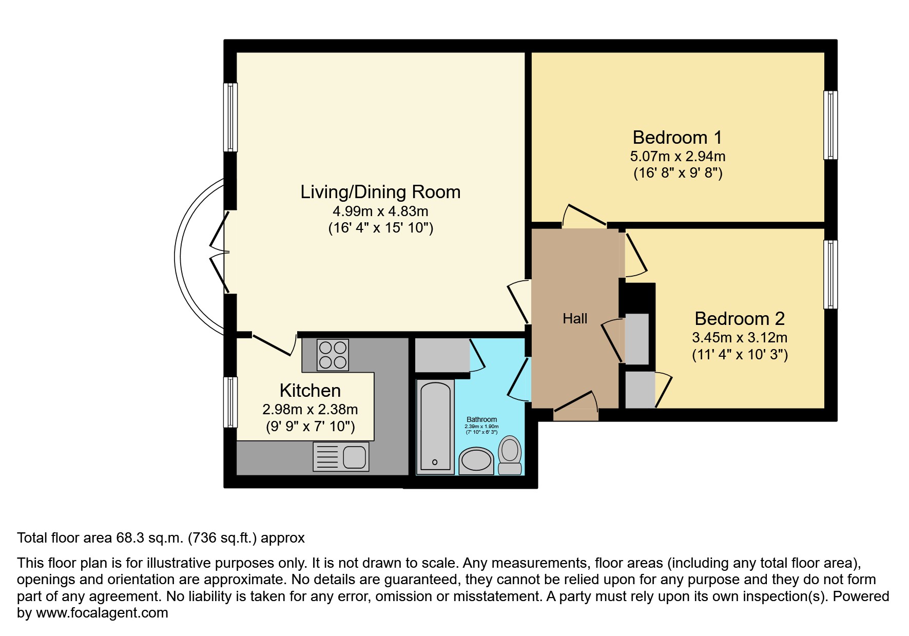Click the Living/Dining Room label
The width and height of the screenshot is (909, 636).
(380, 192)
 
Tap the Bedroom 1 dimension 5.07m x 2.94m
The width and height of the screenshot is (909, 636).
(678, 156)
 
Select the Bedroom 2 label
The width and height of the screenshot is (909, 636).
(739, 319)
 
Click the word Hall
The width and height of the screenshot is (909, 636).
(574, 319)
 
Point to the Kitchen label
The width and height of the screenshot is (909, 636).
(310, 391)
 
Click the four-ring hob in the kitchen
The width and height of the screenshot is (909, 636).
(333, 355)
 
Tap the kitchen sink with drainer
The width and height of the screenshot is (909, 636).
(341, 456)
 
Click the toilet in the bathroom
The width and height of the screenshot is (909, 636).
(510, 454)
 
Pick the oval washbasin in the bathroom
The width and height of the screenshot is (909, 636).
(476, 459)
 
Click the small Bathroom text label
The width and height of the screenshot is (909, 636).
(481, 419)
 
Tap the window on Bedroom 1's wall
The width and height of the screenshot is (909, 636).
(830, 125)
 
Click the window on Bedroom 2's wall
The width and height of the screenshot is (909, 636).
(830, 275)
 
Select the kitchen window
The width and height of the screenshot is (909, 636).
(231, 402)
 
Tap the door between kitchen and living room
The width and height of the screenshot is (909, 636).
(273, 344)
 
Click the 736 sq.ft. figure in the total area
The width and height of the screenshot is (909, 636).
(223, 538)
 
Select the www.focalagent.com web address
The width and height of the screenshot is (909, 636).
(102, 613)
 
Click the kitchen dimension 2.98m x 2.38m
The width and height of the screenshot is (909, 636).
(310, 410)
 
